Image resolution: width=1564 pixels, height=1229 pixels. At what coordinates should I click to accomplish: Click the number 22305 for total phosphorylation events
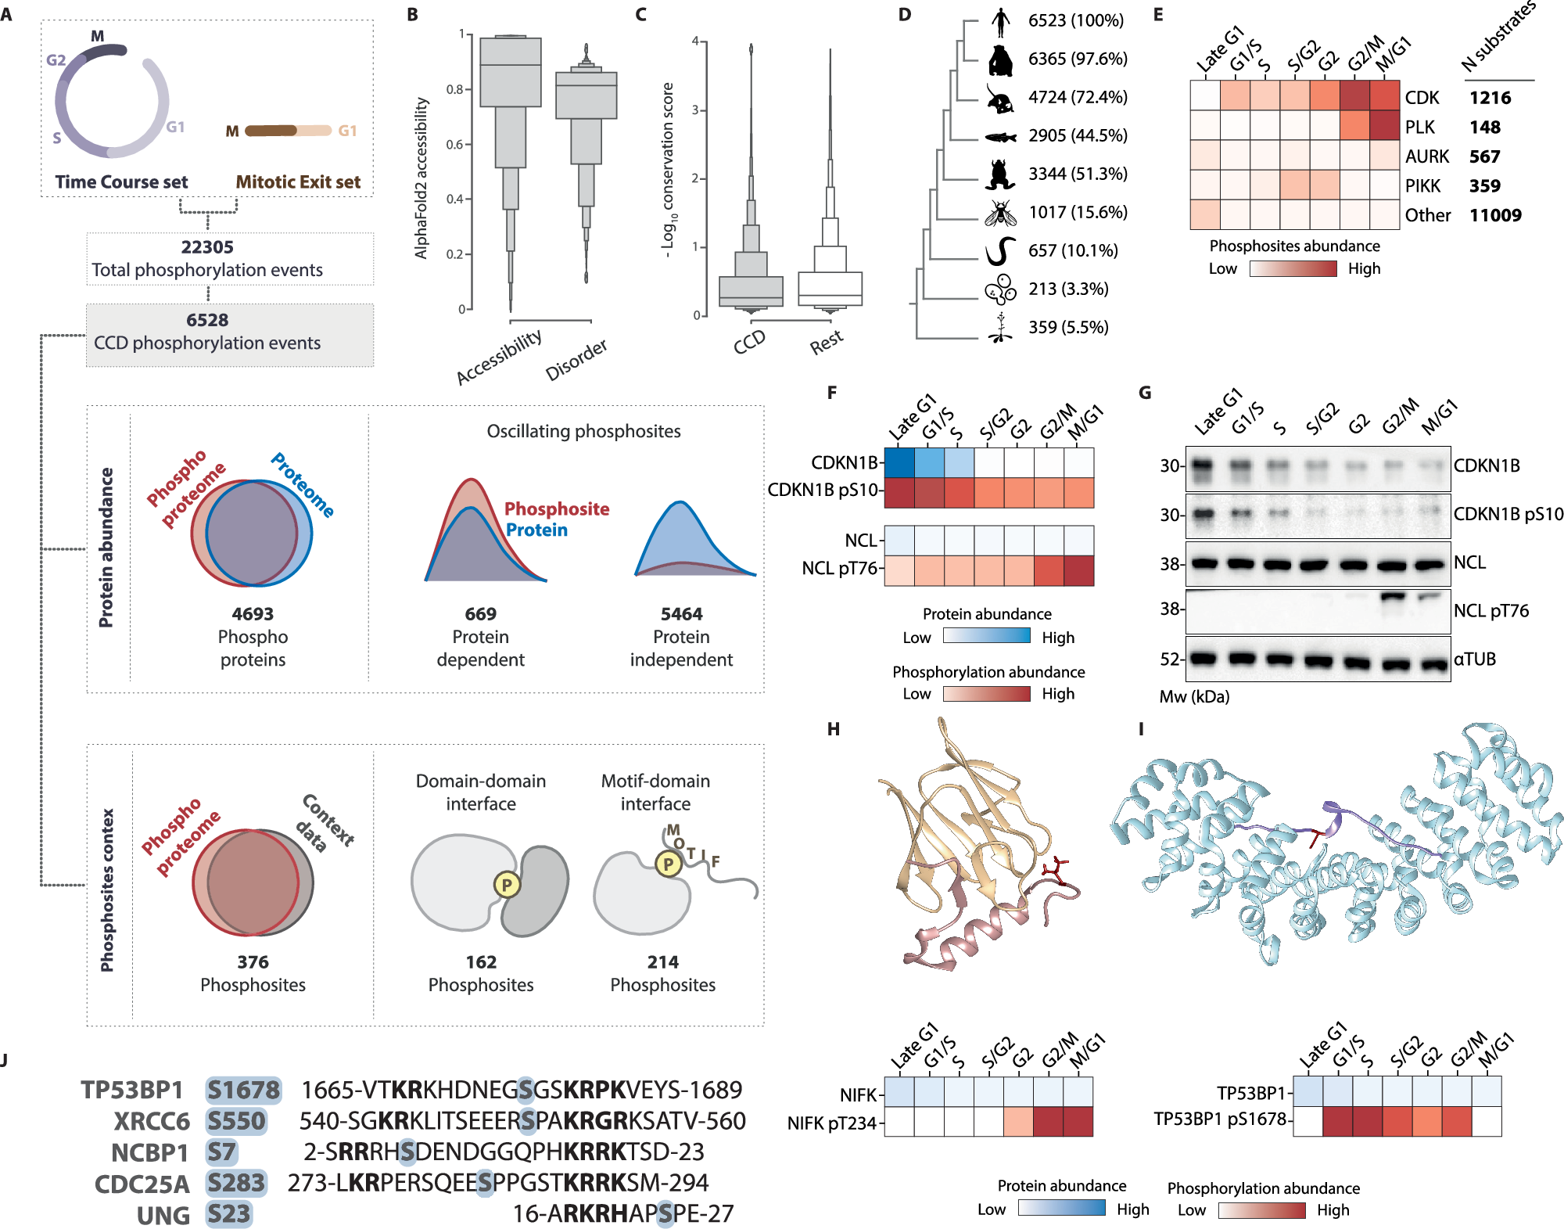tap(207, 247)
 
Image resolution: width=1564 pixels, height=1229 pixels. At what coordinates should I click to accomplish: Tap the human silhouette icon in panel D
tap(1000, 21)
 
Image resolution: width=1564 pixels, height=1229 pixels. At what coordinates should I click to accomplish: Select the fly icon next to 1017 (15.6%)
tap(1000, 212)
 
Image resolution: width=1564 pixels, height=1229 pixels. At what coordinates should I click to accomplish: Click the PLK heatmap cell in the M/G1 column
tap(1384, 126)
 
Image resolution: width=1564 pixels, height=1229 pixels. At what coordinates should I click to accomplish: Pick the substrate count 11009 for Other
tap(1495, 215)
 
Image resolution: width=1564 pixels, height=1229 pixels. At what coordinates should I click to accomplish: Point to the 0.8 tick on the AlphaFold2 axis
tap(455, 89)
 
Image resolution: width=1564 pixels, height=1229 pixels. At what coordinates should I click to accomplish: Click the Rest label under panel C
tap(827, 342)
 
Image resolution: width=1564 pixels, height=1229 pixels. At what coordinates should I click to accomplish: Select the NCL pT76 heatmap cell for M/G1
tap(1078, 570)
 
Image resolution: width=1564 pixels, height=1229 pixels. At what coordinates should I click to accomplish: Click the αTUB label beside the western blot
tap(1475, 659)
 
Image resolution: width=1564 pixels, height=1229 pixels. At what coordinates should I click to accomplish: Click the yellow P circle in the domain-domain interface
tap(507, 885)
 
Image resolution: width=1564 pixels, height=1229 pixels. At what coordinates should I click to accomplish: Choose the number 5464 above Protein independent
tap(681, 614)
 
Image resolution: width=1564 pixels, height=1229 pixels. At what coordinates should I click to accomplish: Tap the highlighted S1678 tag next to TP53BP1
tap(243, 1089)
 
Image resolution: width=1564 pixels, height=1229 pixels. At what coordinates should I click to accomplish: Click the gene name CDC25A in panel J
tap(142, 1184)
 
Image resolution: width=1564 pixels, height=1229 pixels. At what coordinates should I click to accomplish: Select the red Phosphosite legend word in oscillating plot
tap(557, 508)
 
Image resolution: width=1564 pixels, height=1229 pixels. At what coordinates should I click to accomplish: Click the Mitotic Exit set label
tap(298, 182)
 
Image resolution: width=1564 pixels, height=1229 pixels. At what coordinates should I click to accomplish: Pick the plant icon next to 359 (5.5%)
tap(1000, 328)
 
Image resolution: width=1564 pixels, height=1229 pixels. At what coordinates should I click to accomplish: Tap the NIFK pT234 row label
tap(832, 1123)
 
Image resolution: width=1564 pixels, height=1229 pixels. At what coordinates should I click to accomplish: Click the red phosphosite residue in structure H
tap(1056, 870)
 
